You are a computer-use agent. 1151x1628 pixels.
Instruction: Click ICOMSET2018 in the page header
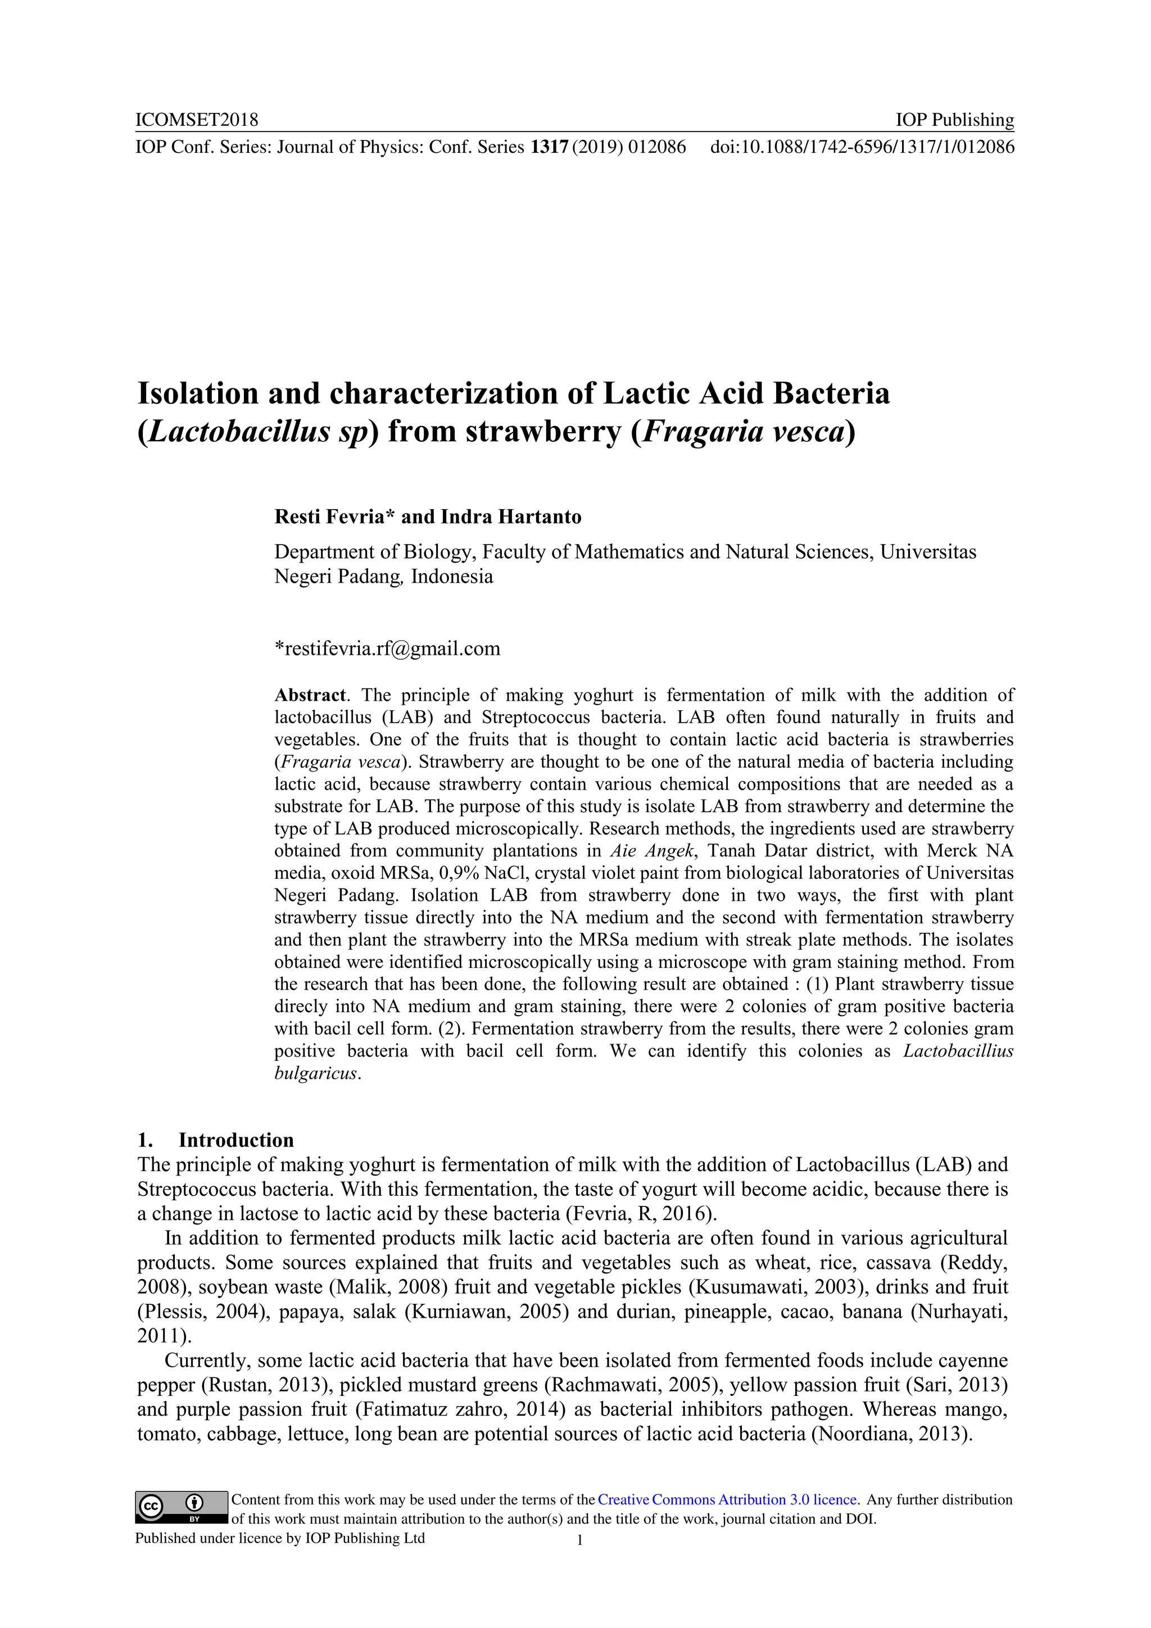click(x=197, y=120)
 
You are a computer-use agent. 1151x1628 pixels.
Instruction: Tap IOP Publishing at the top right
click(x=954, y=120)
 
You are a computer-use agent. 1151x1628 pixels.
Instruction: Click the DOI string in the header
click(x=862, y=147)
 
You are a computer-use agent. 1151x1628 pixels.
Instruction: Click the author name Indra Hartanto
click(x=511, y=516)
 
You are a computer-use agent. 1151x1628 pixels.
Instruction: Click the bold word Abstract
click(x=310, y=695)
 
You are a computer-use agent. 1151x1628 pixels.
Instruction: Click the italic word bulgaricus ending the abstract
click(x=316, y=1073)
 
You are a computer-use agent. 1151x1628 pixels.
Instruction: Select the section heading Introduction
click(x=235, y=1140)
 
